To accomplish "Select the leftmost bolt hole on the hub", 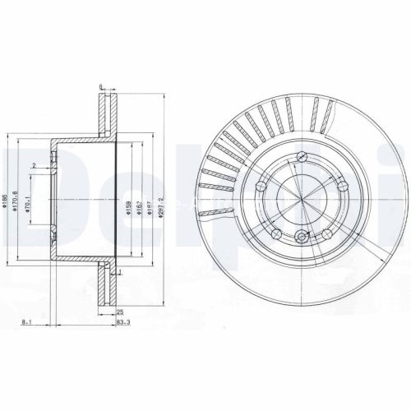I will tap(264, 186).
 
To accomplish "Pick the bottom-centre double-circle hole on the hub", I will tap(302, 238).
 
